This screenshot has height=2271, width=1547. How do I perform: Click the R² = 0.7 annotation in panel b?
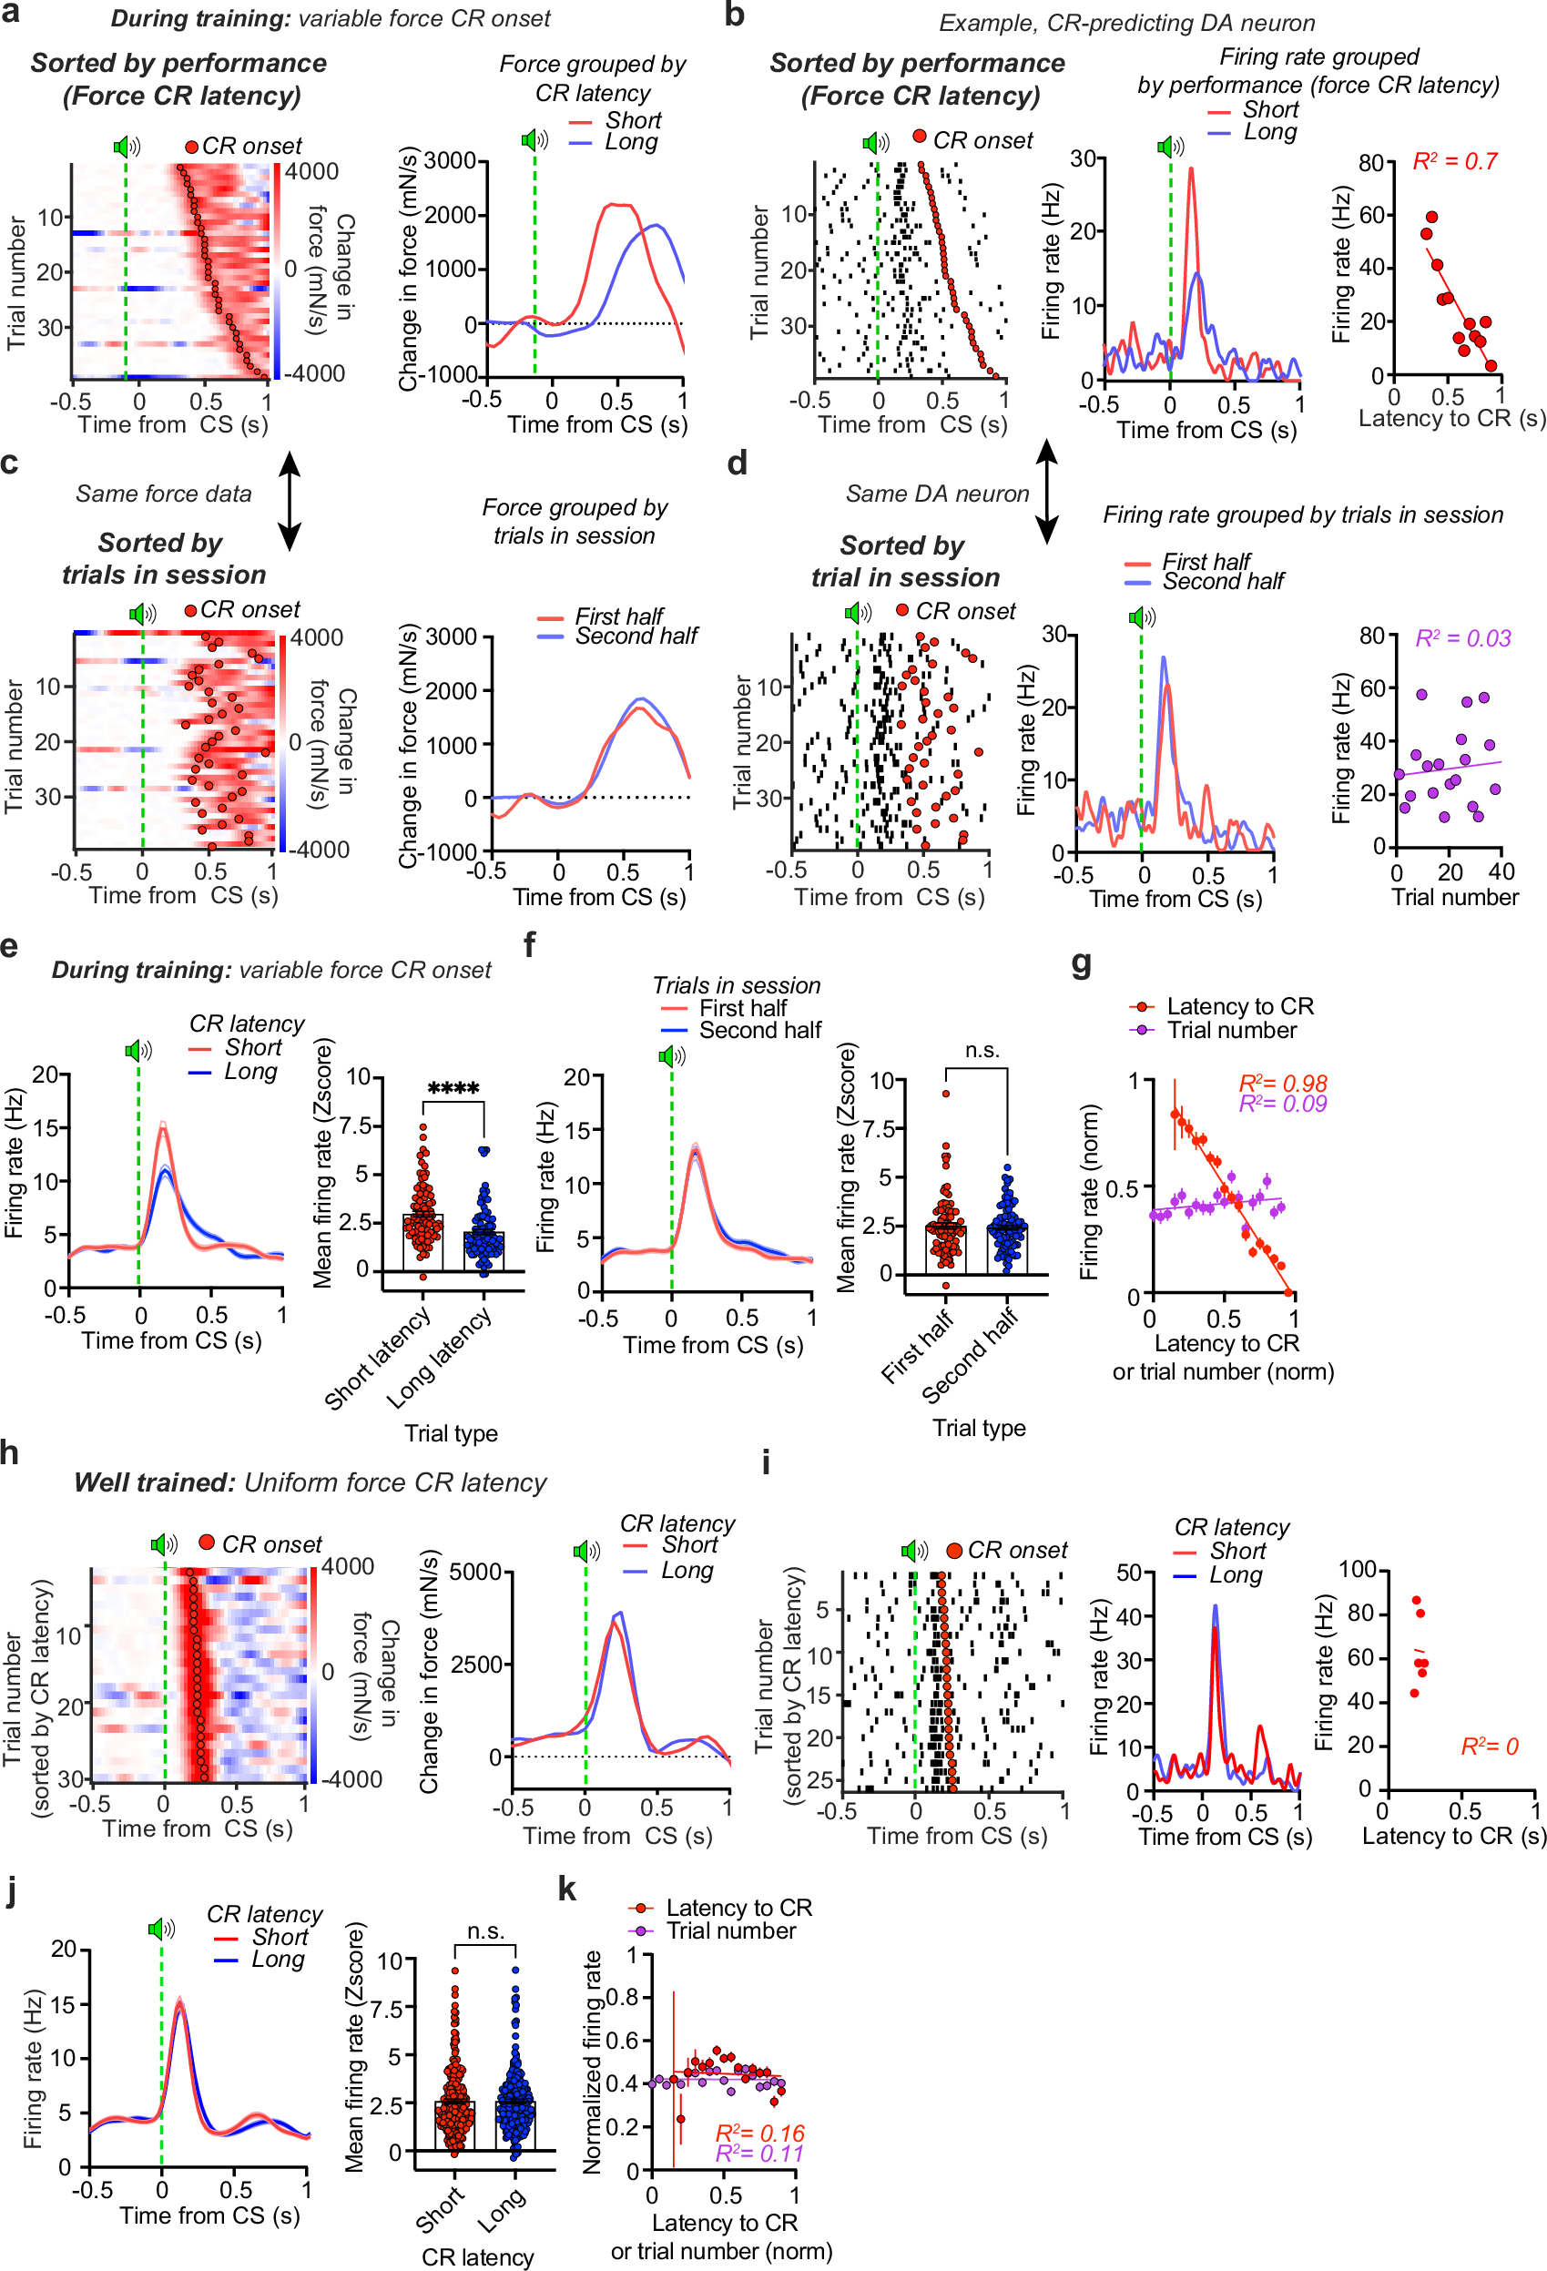click(1454, 161)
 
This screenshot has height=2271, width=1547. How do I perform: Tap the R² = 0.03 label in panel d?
click(1463, 638)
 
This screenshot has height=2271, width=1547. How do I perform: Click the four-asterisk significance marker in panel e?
click(453, 1088)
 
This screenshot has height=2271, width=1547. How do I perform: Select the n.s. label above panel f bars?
click(982, 1051)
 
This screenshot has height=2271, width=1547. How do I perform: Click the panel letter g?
click(1081, 962)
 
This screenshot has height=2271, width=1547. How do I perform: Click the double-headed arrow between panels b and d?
click(1046, 492)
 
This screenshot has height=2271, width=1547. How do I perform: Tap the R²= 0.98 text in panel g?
click(1282, 1083)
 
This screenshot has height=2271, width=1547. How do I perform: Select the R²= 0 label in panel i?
click(1489, 1747)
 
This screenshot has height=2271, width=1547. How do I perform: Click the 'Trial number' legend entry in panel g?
click(1231, 1030)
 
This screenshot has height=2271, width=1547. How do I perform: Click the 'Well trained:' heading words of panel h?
click(155, 1483)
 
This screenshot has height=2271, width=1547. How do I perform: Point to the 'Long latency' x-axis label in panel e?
click(438, 1358)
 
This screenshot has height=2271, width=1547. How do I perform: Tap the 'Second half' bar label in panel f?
click(970, 1355)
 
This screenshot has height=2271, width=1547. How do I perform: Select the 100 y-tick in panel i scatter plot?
click(1357, 1568)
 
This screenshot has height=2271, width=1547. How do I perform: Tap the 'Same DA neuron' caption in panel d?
click(937, 494)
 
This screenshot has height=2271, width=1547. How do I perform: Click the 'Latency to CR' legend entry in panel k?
click(738, 1908)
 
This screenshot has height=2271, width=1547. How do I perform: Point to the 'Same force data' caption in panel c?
click(163, 494)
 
